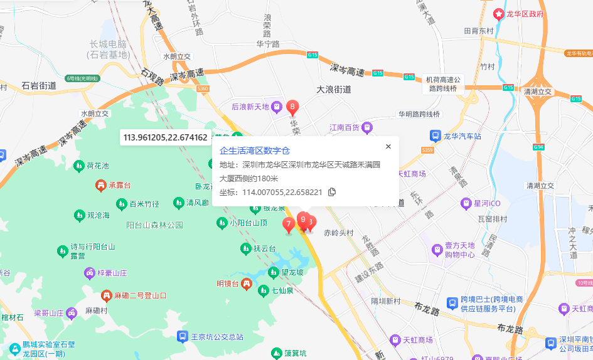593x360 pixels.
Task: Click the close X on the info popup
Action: [388, 147]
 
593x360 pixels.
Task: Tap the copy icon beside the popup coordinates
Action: [332, 192]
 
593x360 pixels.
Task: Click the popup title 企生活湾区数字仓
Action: [255, 151]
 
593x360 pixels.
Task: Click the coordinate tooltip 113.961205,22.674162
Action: [166, 137]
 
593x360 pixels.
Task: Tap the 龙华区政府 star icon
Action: [499, 13]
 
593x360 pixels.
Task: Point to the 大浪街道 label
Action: [333, 90]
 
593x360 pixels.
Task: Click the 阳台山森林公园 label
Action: [154, 225]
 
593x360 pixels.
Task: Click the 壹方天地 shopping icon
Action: [437, 250]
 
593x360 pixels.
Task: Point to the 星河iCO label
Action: [486, 203]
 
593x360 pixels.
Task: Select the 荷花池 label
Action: [98, 166]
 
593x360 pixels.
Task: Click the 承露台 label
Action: [119, 186]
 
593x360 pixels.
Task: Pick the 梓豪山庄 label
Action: [112, 273]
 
